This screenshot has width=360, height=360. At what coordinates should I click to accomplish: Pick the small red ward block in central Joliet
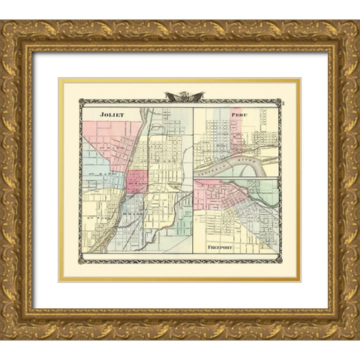[x=136, y=181]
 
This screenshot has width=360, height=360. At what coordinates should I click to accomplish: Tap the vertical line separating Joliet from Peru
[x=193, y=180]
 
